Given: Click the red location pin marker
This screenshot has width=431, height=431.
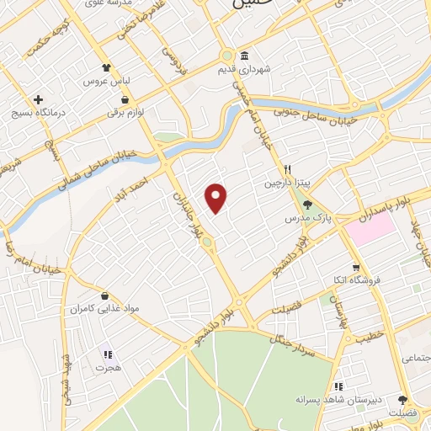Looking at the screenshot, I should pyautogui.click(x=217, y=198).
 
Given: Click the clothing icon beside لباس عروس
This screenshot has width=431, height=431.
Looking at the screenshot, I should pyautogui.click(x=105, y=67).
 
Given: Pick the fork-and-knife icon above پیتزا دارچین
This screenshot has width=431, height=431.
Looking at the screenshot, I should pyautogui.click(x=288, y=168).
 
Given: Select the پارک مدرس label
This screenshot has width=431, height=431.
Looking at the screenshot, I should pyautogui.click(x=305, y=218).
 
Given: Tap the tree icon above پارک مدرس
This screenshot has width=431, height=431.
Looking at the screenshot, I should pyautogui.click(x=306, y=205).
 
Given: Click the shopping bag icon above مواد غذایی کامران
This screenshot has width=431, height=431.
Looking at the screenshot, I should pyautogui.click(x=104, y=295).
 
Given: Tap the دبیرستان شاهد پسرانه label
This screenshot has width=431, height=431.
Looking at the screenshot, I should pyautogui.click(x=338, y=398).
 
